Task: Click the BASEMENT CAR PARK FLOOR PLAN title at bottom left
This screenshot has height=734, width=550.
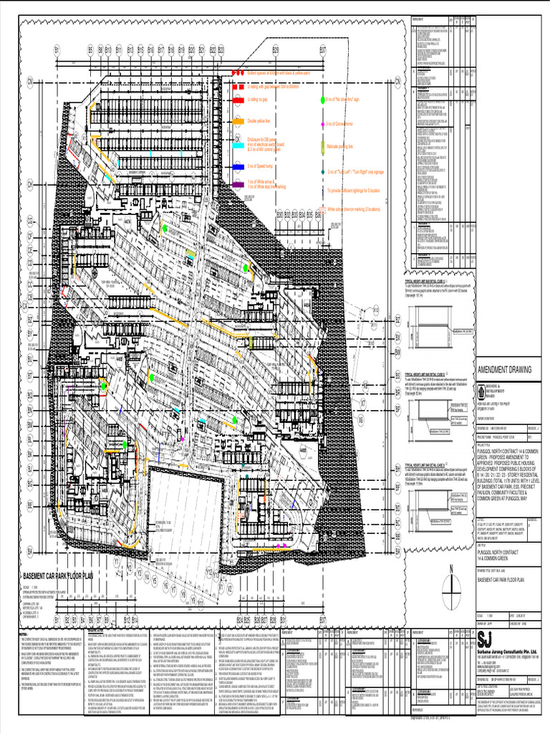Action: [68, 575]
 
